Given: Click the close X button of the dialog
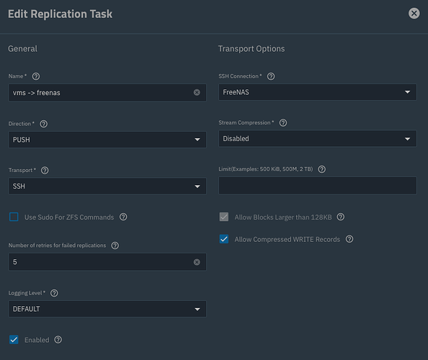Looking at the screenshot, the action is (x=414, y=13).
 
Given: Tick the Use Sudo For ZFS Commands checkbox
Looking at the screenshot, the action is (x=14, y=217).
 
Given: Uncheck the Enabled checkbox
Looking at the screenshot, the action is (x=14, y=340).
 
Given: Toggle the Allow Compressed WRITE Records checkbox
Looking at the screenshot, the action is (x=224, y=239).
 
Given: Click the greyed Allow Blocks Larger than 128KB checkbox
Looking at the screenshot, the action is (x=224, y=217).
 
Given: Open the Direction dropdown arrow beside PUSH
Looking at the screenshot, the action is (x=197, y=140).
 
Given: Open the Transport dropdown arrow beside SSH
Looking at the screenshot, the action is (x=197, y=186).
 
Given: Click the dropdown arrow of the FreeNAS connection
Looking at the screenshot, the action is (x=408, y=92).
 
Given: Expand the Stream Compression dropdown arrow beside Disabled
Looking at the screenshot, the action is (x=408, y=139).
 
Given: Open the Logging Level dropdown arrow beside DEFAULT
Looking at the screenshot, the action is (x=197, y=309).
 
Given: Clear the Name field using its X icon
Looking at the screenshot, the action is (x=197, y=92).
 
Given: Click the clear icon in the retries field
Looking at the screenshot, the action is (x=197, y=262).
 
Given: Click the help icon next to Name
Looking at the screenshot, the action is (x=36, y=76).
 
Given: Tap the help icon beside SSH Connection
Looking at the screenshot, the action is (x=271, y=76).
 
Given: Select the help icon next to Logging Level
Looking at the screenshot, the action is (x=54, y=293).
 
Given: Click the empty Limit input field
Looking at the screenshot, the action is (x=318, y=186).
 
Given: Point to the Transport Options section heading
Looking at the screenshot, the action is (x=251, y=48).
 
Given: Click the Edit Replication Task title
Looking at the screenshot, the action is (x=60, y=14).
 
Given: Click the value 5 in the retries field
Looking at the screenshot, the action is (x=15, y=262).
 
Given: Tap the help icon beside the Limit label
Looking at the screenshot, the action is (x=322, y=169).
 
